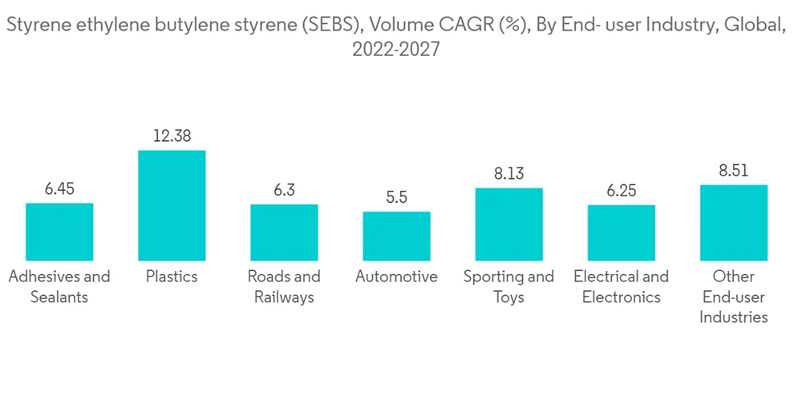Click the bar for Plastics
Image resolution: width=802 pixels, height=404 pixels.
(x=172, y=205)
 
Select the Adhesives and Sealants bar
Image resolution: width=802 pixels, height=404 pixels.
(x=59, y=232)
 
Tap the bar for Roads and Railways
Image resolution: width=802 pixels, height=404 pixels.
(x=284, y=232)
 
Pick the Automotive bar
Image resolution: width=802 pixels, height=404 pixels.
(x=396, y=236)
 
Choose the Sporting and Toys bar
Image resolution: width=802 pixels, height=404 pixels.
(x=508, y=224)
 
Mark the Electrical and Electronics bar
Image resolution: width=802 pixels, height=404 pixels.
(x=621, y=232)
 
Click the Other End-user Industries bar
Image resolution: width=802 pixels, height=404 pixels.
(x=733, y=223)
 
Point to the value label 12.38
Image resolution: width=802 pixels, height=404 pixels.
(x=172, y=136)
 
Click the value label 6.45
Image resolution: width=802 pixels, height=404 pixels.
(x=59, y=189)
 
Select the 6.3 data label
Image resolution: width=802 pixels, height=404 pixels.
(x=284, y=191)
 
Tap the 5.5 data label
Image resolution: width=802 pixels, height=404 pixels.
(x=396, y=197)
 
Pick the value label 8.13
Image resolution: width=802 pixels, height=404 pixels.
(x=508, y=174)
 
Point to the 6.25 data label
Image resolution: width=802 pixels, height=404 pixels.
(x=621, y=191)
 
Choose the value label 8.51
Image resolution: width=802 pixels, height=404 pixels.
(x=733, y=171)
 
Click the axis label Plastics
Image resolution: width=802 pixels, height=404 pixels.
(x=172, y=277)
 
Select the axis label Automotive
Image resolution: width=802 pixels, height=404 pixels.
(x=396, y=277)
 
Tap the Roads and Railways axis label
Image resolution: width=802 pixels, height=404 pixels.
(x=284, y=287)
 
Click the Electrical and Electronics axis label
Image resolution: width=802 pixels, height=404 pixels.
(x=621, y=287)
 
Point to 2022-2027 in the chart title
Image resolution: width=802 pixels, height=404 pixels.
(x=395, y=50)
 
